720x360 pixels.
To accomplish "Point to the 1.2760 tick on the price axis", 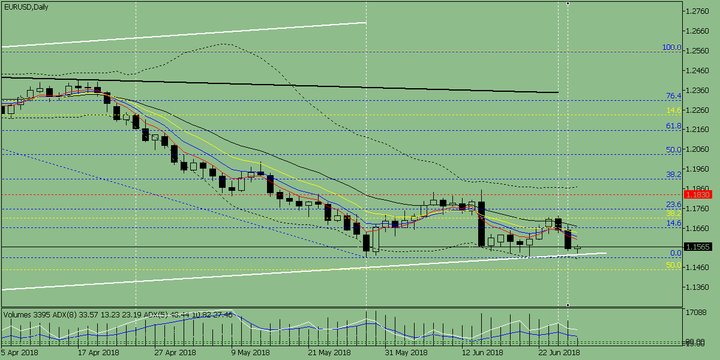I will pos(698,11).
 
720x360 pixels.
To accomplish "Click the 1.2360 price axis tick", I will pos(698,90).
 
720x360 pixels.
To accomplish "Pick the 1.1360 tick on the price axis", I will pos(698,287).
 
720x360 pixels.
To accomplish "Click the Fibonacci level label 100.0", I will pos(671,47).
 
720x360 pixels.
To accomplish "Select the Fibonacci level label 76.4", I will pos(674,96).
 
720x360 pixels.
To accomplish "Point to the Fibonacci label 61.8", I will pos(674,126).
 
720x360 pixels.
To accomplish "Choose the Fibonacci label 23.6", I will pos(674,205).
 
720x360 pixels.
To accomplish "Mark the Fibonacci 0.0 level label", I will pos(676,253).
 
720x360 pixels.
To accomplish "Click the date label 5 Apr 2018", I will pos(19,353).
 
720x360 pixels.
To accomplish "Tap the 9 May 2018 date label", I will pos(251,353).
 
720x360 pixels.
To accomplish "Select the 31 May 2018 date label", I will pos(406,353).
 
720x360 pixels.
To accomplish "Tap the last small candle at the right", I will pos(578,247).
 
